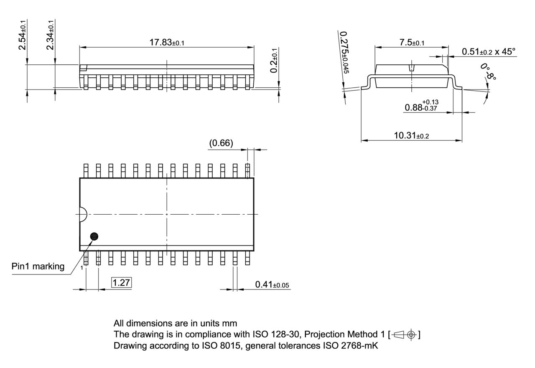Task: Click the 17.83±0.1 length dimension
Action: [x=166, y=42]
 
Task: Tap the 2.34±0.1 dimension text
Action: [x=51, y=35]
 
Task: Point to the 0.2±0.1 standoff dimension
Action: [x=274, y=61]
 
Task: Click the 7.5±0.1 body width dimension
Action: [x=412, y=43]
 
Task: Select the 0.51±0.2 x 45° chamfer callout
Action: [x=488, y=51]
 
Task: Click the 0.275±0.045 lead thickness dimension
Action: [x=344, y=52]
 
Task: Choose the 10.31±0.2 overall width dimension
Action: [x=412, y=135]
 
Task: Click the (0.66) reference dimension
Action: [x=221, y=143]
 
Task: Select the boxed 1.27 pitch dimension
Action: [x=121, y=283]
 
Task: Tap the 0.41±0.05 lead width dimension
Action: [x=272, y=285]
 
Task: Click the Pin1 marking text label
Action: [x=38, y=266]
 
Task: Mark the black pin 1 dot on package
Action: [x=95, y=236]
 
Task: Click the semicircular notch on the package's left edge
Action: [x=82, y=214]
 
